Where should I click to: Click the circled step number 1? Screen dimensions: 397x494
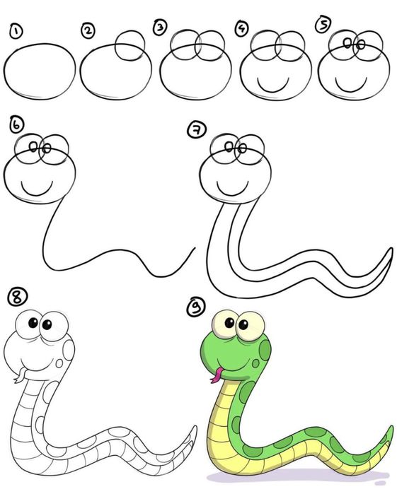coord(16,32)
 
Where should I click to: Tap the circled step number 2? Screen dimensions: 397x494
coord(88,30)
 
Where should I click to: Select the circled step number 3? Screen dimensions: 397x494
coord(161,27)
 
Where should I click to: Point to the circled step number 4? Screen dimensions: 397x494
coord(242,28)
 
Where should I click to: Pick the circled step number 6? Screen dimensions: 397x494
coord(16,124)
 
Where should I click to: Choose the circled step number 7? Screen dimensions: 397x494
coord(197,130)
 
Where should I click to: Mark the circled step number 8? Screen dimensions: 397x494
coord(18,297)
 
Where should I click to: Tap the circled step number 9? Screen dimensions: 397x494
coord(196,307)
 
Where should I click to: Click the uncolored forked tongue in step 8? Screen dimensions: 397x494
coord(21,375)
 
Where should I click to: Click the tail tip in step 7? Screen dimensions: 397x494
coord(391,249)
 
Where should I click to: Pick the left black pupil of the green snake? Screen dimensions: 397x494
coord(229,322)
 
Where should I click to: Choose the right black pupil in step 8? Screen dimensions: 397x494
coord(47,324)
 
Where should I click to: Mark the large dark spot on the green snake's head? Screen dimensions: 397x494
coord(265,350)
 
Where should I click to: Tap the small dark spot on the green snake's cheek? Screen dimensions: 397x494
coord(255,363)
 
